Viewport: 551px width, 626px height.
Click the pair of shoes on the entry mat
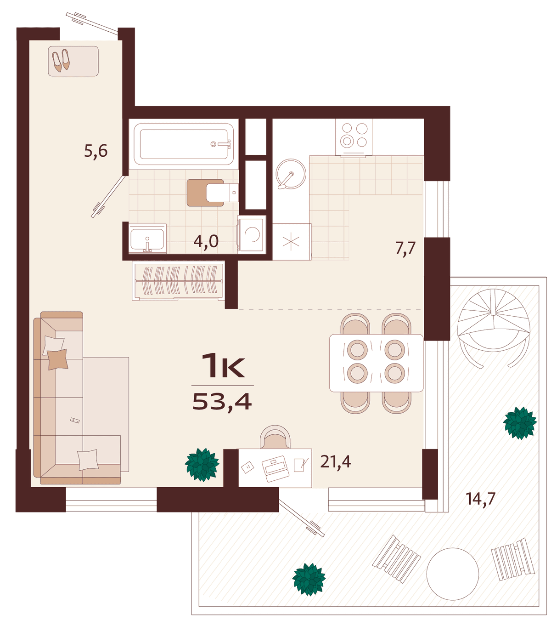coord(61,61)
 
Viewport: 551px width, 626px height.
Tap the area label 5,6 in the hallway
coord(96,151)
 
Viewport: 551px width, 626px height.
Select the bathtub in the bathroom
coord(184,144)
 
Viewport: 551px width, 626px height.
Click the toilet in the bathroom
coord(213,193)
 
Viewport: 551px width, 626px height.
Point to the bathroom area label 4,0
coord(206,241)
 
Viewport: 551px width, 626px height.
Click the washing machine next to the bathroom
coord(252,234)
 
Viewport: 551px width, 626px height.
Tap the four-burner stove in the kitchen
coord(354,137)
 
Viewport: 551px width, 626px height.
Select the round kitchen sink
coord(291,174)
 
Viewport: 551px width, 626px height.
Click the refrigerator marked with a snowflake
coord(292,242)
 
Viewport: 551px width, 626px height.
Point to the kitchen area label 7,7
coord(405,248)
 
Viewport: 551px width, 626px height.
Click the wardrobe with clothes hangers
coord(178,280)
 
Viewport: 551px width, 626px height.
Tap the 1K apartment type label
coord(223,366)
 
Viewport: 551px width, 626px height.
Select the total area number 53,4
coord(222,402)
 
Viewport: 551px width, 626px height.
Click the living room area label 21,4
coord(336,462)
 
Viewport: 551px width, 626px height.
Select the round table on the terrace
coord(453,574)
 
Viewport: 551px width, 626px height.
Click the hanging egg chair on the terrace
coord(494,328)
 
